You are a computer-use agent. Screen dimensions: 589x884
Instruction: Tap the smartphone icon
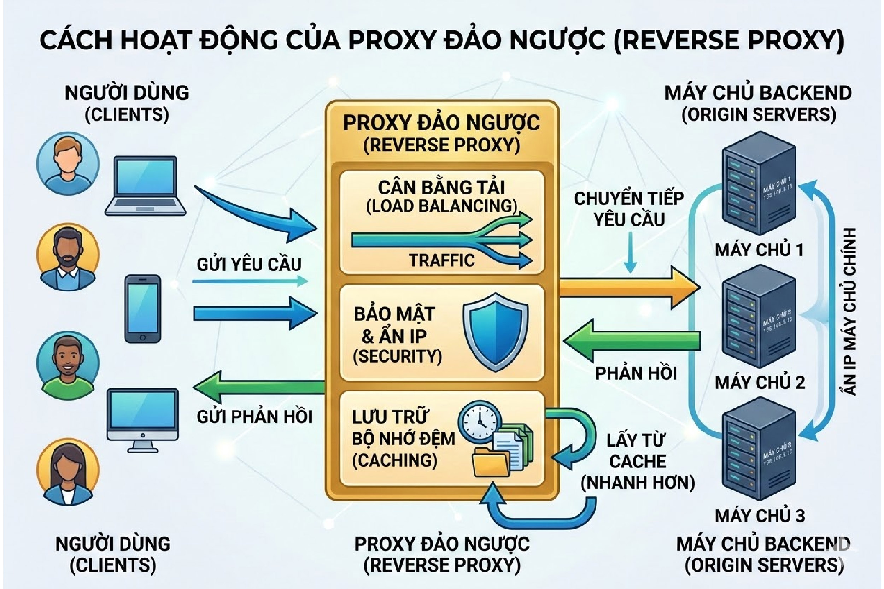click(x=142, y=308)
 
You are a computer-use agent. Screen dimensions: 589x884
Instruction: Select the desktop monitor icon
click(x=142, y=419)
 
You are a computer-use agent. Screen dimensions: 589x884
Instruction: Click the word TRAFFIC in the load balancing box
click(x=442, y=260)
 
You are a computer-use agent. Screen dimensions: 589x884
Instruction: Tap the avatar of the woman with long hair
click(x=68, y=471)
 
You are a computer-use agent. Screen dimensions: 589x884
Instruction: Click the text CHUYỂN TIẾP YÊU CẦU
click(x=629, y=209)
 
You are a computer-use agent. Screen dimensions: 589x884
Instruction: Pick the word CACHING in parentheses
click(x=394, y=460)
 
